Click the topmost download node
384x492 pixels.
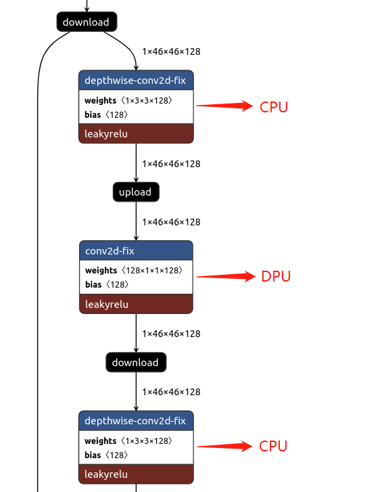[x=87, y=22]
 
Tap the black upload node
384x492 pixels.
[x=136, y=192]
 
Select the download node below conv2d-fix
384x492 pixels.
[x=136, y=362]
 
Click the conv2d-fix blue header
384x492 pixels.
[x=136, y=251]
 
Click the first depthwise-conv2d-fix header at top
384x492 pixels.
[x=136, y=80]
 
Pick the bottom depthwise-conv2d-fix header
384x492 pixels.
[x=136, y=421]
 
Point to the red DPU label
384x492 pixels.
[x=276, y=276]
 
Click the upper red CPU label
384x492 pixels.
[x=274, y=106]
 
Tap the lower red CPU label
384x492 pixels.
[x=274, y=446]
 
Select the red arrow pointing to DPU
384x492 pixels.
[x=224, y=276]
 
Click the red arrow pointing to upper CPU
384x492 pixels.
[x=223, y=106]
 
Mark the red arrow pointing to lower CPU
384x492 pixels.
[x=223, y=446]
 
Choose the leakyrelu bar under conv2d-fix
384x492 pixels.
[x=136, y=305]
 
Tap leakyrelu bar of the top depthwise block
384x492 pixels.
[x=136, y=134]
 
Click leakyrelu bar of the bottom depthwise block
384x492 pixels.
[x=136, y=474]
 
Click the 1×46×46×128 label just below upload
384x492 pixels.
[x=171, y=222]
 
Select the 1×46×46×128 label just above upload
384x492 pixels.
[x=171, y=164]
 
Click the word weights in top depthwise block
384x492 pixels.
[x=100, y=100]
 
